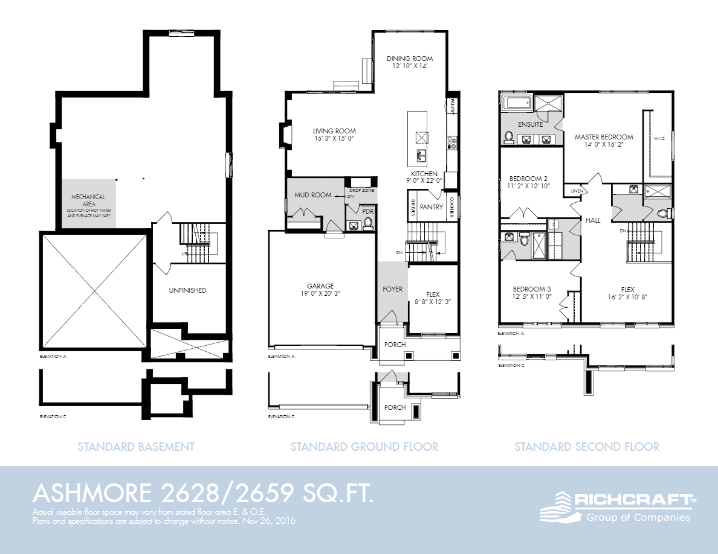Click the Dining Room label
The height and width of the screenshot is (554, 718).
(x=410, y=59)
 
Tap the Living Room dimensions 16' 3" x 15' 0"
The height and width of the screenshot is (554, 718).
(x=334, y=139)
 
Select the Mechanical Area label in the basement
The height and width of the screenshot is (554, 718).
(x=88, y=197)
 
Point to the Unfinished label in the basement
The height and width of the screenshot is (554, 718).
(x=187, y=290)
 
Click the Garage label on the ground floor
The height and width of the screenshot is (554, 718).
(x=320, y=286)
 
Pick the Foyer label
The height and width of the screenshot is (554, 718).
(x=392, y=289)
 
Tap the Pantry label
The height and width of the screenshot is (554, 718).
(x=432, y=207)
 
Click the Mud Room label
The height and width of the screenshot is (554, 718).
(x=313, y=195)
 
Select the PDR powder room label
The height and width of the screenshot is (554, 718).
(x=367, y=211)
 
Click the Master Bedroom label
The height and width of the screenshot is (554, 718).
(x=604, y=137)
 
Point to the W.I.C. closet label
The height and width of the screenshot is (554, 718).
(x=659, y=138)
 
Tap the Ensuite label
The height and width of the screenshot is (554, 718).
(x=530, y=124)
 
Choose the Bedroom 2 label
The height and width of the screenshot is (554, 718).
(x=528, y=179)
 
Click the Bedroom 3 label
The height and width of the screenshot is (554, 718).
(x=532, y=288)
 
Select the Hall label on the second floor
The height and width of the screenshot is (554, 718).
(x=593, y=220)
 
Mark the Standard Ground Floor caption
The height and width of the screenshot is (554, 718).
(x=364, y=447)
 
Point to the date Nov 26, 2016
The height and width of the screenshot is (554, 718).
(x=272, y=520)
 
